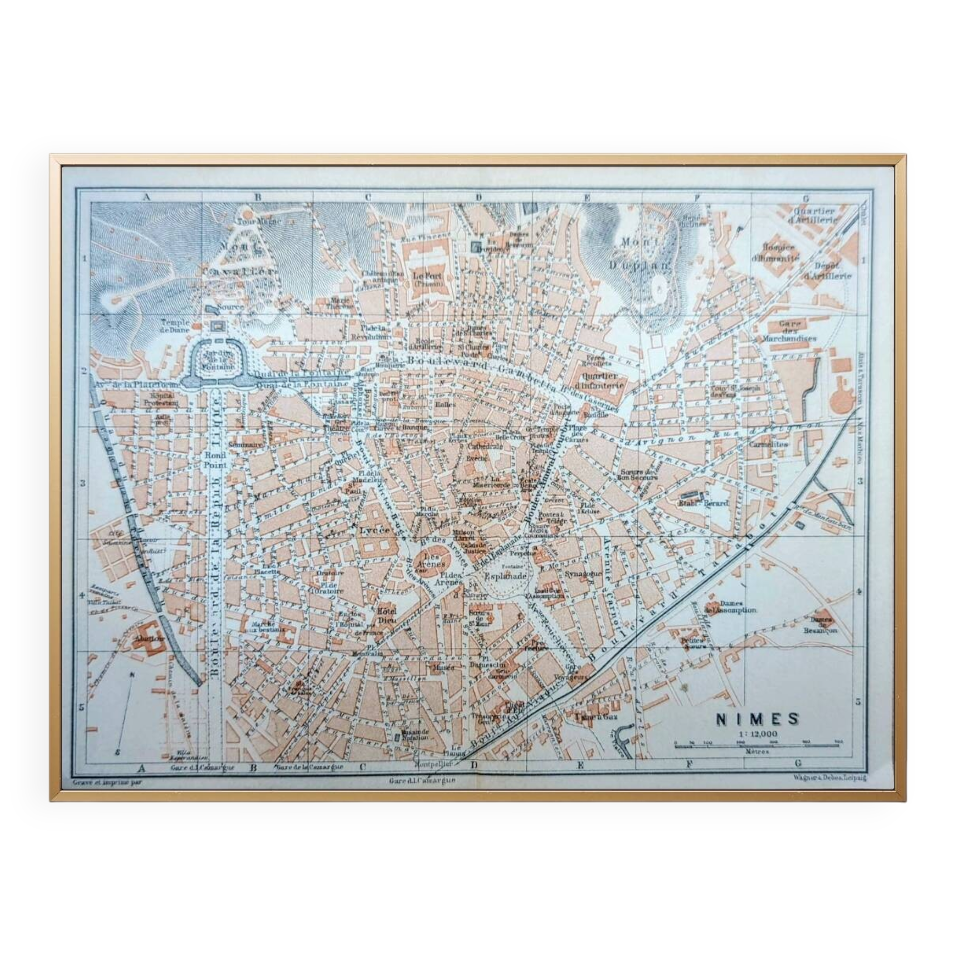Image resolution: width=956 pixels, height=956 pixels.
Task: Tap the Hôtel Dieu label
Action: [388, 615]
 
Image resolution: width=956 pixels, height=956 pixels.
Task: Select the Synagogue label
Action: [582, 574]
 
